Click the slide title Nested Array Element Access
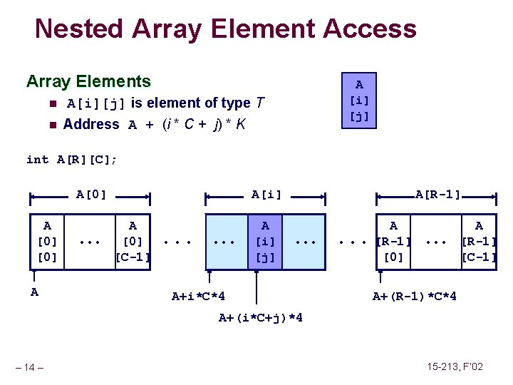point(225,29)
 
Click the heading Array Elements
point(88,81)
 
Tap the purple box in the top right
point(359,101)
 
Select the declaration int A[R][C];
point(71,160)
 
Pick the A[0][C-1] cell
point(132,241)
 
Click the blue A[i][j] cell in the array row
point(265,241)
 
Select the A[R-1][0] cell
point(393,241)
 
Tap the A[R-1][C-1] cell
point(479,241)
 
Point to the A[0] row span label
point(90,194)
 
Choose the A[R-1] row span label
point(437,194)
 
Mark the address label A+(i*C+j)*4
point(260,317)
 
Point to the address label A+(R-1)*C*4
point(415,296)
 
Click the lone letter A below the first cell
point(34,291)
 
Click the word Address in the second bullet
point(91,124)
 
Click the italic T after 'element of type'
point(260,103)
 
